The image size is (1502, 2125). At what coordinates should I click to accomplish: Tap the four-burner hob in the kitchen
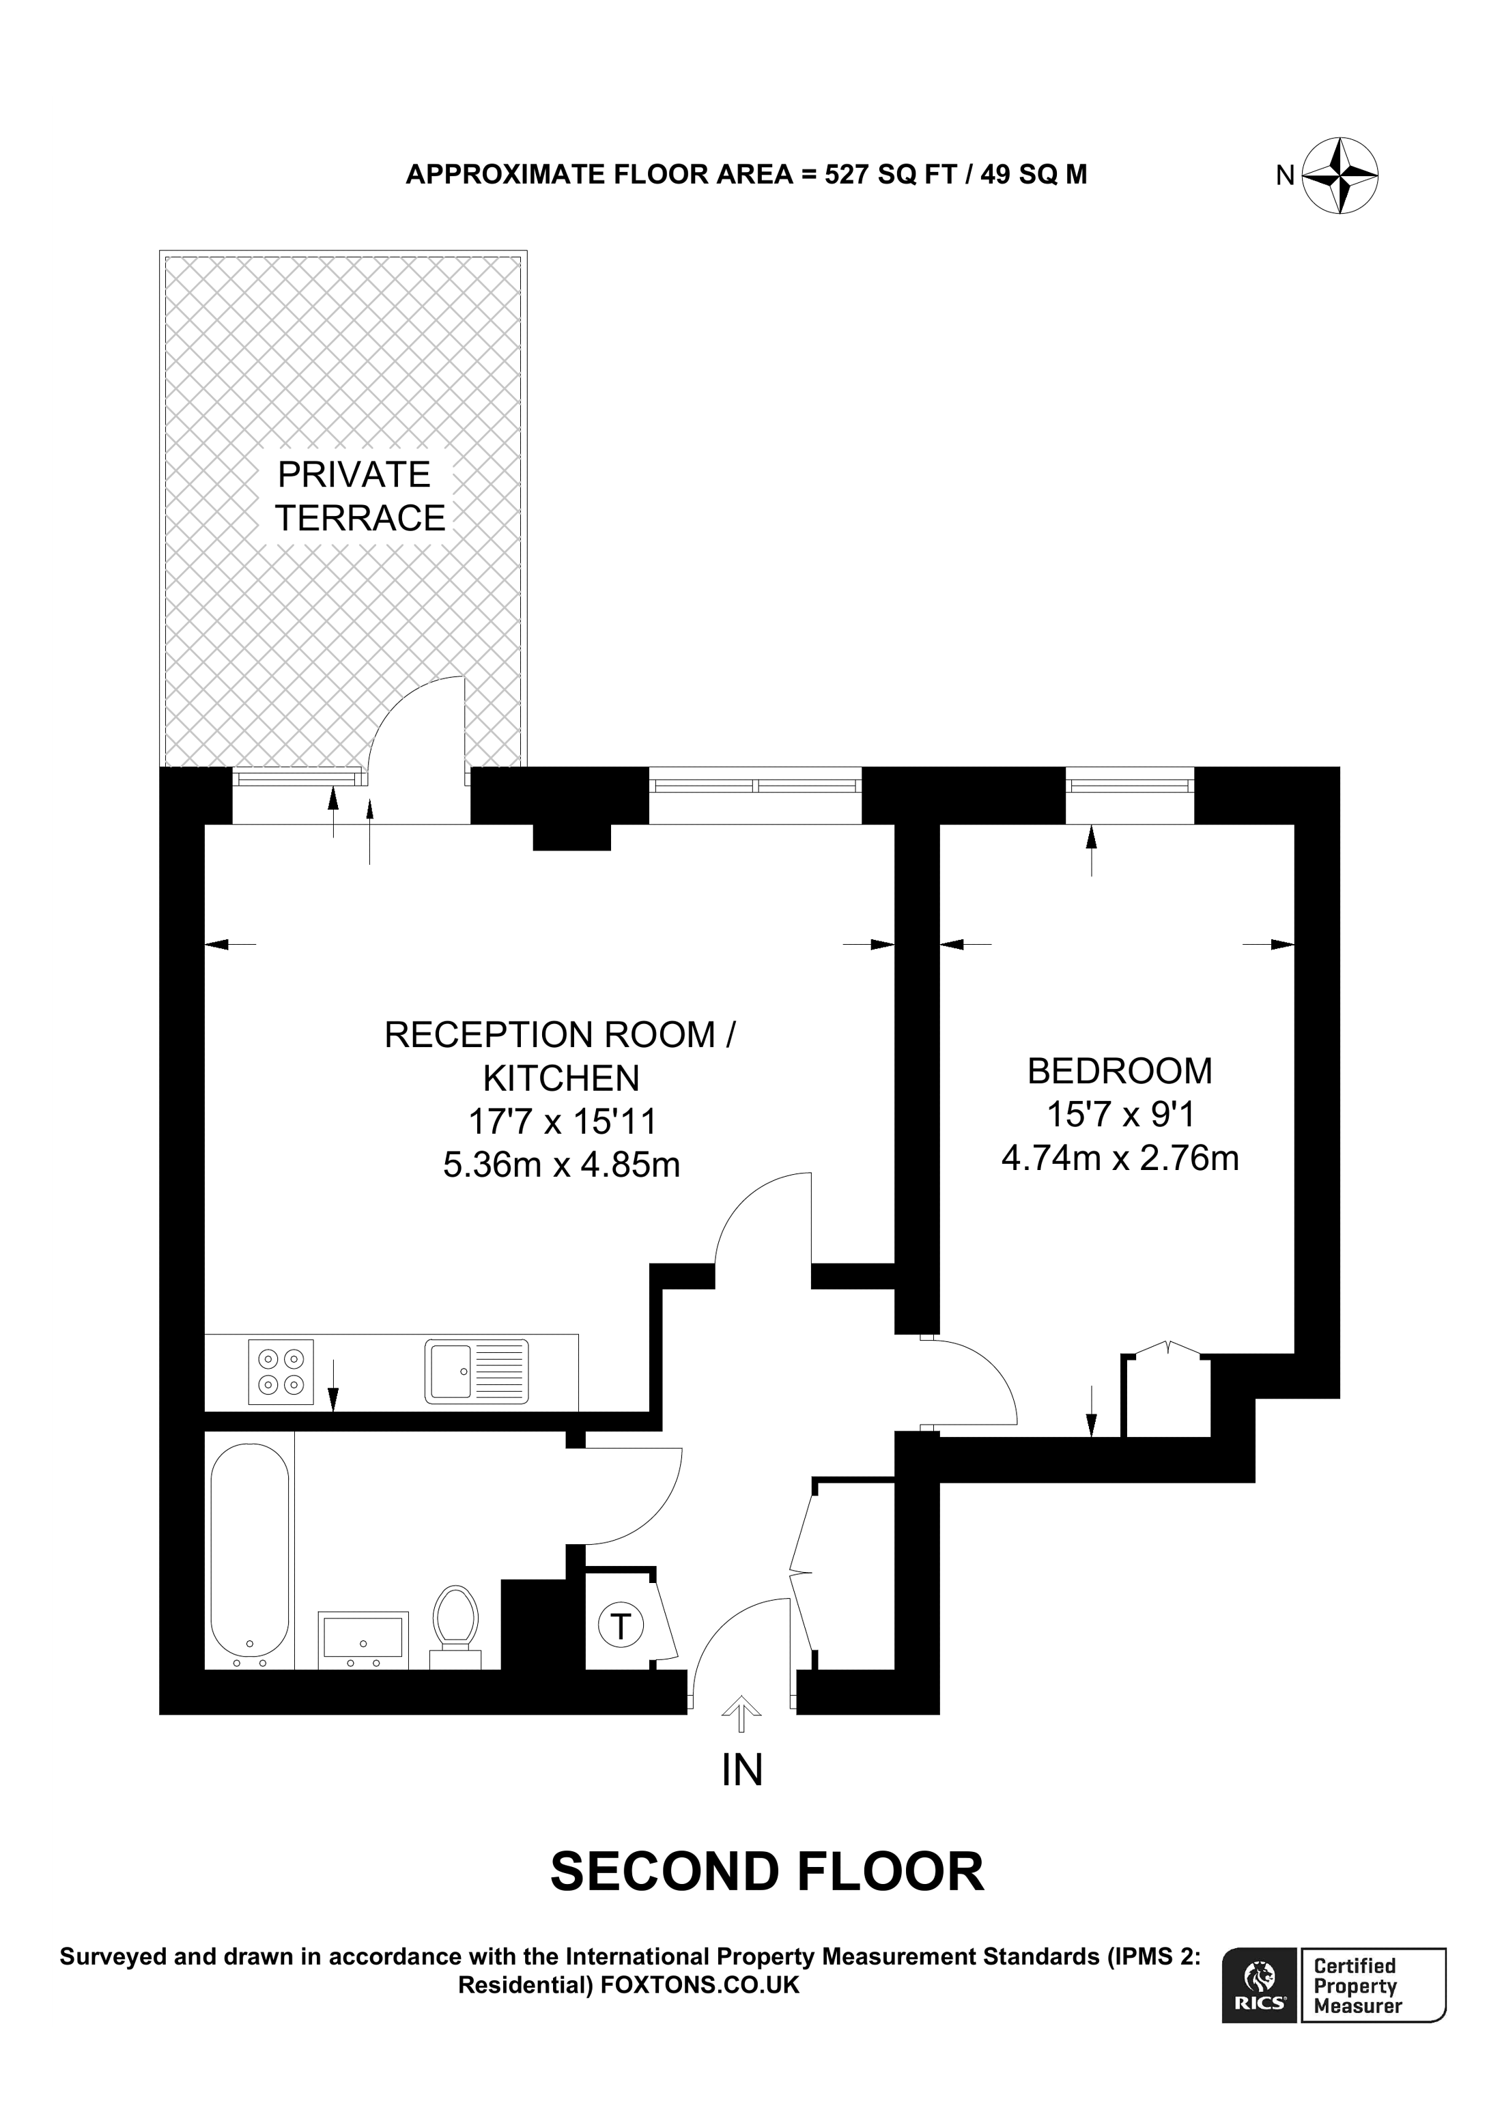click(x=281, y=1371)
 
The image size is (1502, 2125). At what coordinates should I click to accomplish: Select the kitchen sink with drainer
click(x=477, y=1371)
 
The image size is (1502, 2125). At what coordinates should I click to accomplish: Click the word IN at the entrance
click(x=741, y=1769)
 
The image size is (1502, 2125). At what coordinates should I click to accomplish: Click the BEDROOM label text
click(x=1119, y=1071)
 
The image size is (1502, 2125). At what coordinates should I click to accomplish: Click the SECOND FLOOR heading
click(x=767, y=1872)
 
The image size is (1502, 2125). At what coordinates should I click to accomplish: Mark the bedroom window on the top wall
click(x=1129, y=786)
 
